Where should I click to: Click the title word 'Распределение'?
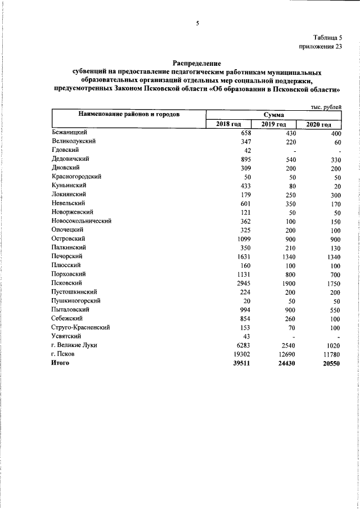[197, 64]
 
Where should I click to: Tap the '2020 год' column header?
[318, 124]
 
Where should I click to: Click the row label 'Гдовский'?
[65, 150]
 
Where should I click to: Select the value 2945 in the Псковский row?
[242, 283]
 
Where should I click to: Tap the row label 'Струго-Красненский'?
[80, 327]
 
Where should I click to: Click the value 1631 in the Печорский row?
[242, 256]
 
